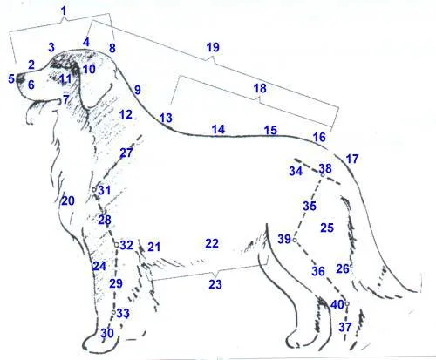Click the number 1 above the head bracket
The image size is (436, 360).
click(x=64, y=11)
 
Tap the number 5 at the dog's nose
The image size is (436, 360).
click(x=11, y=78)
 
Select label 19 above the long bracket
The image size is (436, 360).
click(x=213, y=47)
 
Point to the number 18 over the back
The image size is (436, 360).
click(x=260, y=88)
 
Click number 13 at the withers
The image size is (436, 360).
click(x=166, y=118)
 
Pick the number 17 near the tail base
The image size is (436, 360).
click(x=352, y=159)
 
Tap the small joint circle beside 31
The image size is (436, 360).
click(x=94, y=190)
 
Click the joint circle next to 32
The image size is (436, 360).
click(x=116, y=245)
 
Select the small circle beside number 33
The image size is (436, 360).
click(x=113, y=312)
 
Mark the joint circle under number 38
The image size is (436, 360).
click(x=323, y=175)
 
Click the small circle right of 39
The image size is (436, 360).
click(x=295, y=240)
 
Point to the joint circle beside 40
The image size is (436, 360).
click(x=347, y=304)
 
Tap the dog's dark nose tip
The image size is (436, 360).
click(x=20, y=78)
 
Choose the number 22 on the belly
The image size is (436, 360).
click(x=212, y=243)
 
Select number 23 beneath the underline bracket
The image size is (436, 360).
click(x=215, y=284)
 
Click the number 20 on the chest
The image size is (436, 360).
click(x=68, y=200)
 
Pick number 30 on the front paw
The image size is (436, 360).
click(x=107, y=333)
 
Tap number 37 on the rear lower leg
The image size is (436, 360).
click(x=345, y=327)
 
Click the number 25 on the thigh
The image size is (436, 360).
click(x=327, y=228)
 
